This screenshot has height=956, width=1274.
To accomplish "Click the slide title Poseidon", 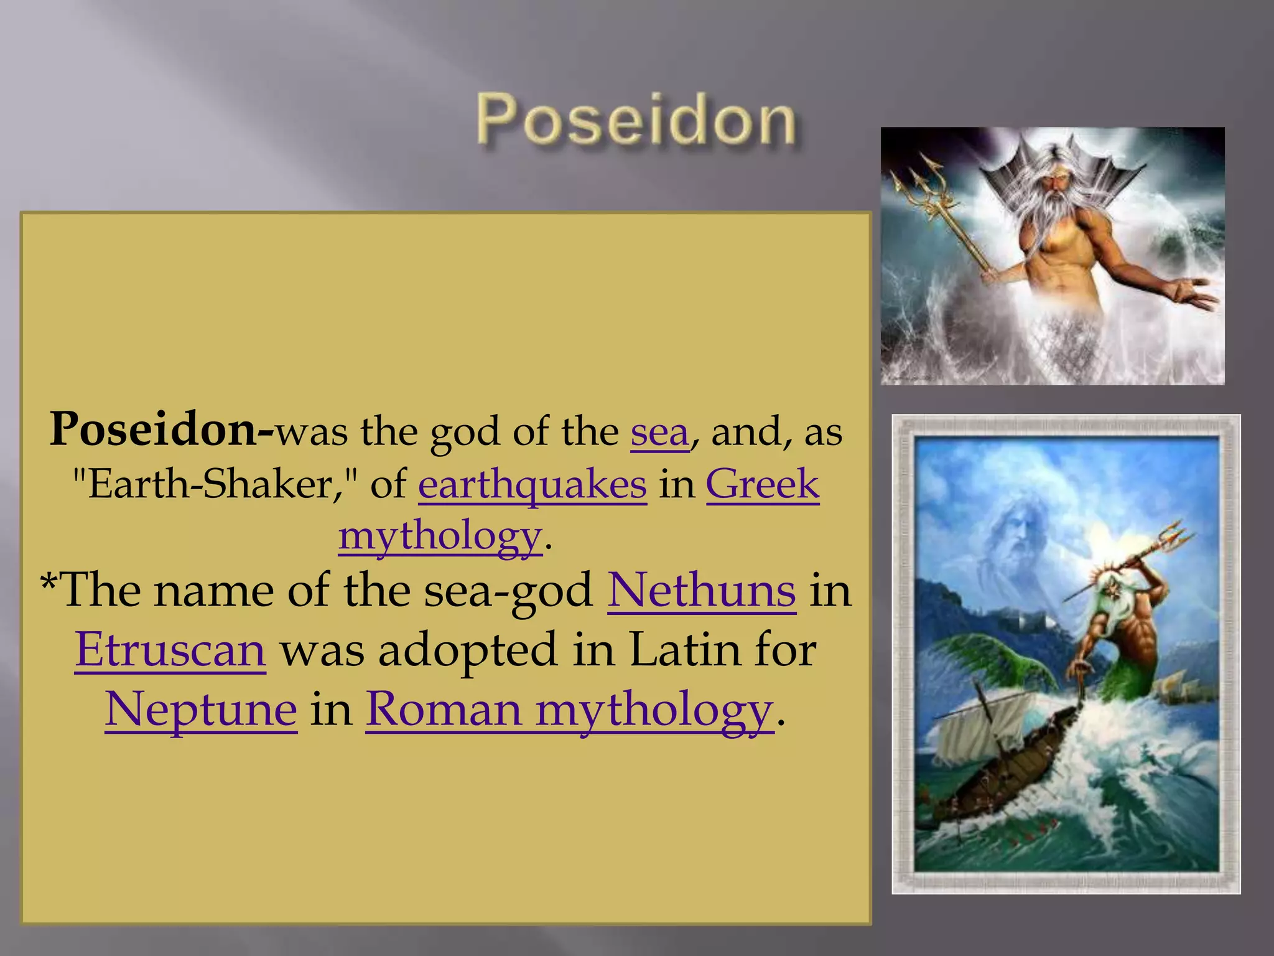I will coord(636,120).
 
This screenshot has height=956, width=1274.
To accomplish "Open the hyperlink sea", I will coord(659,432).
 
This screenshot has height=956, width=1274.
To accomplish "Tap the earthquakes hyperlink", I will coord(532,485).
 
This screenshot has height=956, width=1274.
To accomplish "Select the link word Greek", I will coord(762,484).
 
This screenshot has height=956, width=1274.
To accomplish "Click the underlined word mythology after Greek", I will coord(440,536).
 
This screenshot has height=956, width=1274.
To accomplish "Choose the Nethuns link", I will coord(701,590).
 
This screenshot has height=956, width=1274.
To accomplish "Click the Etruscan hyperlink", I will coord(170,650).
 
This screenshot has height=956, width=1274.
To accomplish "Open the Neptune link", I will coord(201,710).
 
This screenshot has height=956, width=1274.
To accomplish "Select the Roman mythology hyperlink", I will coord(569,710).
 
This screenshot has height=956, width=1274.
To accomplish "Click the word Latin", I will coord(686,650).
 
